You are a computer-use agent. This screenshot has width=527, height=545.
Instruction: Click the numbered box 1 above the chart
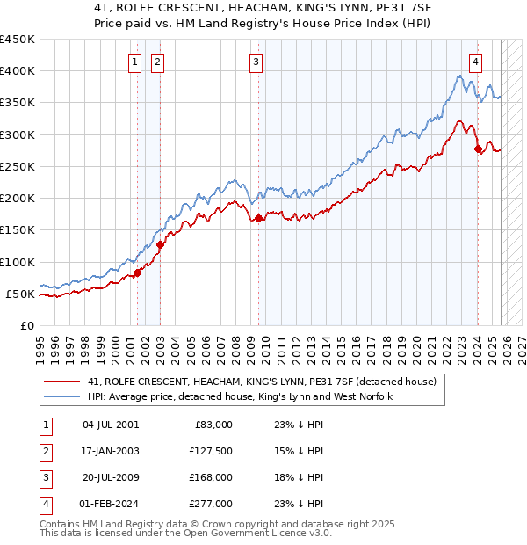[x=135, y=62]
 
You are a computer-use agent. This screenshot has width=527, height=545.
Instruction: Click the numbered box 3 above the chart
[x=256, y=62]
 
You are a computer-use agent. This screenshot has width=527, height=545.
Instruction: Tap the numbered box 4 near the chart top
[x=475, y=62]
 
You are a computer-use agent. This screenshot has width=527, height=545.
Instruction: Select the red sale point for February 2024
[x=478, y=149]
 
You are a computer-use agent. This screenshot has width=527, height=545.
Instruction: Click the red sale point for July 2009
[x=259, y=219]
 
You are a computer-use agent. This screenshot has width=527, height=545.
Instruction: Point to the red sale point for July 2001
[x=138, y=272]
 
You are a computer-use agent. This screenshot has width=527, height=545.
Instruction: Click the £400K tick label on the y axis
[x=18, y=71]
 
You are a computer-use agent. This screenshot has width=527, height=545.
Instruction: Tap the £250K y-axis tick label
[x=18, y=166]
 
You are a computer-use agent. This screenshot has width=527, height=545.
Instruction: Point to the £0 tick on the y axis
[x=27, y=325]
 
